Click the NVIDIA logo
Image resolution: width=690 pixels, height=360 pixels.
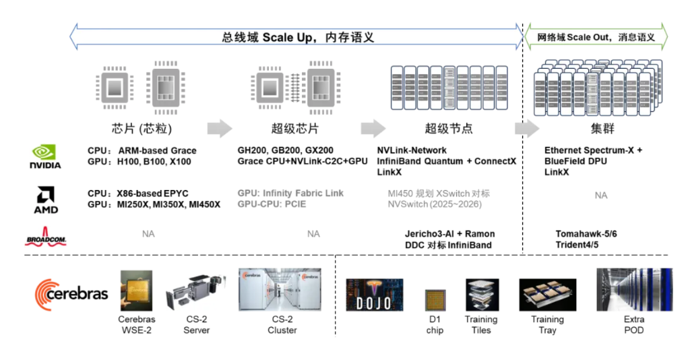coord(45,156)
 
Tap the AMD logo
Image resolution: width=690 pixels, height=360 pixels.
coord(46,200)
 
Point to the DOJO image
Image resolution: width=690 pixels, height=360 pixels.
coord(374,294)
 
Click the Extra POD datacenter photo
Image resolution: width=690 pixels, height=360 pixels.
coord(634,289)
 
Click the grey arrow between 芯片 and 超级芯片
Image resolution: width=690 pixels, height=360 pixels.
coord(219,128)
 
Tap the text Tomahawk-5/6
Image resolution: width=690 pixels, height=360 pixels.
coord(586,234)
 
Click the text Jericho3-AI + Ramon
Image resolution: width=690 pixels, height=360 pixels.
coord(449,234)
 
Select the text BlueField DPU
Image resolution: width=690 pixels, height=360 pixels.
coord(575,161)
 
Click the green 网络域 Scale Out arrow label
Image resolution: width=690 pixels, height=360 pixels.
coord(596,37)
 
